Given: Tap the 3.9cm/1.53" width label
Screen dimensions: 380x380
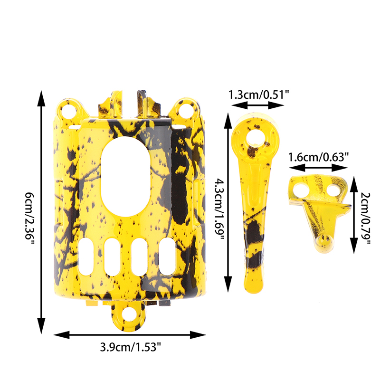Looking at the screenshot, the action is click(130, 347).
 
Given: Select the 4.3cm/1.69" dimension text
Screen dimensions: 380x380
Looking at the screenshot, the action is click(220, 209).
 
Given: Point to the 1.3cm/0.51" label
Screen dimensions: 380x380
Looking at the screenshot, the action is click(259, 94).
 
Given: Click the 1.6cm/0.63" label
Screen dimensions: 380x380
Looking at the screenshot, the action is click(318, 157).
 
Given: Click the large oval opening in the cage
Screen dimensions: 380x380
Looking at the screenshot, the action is click(125, 176).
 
